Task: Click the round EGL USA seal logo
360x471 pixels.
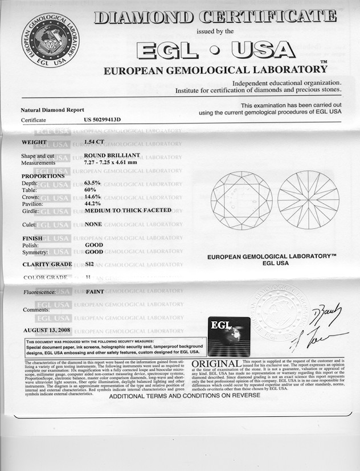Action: click(50, 39)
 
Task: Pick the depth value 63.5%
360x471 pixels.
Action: click(92, 183)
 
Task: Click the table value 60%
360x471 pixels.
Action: click(90, 190)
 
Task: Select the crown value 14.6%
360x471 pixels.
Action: click(92, 196)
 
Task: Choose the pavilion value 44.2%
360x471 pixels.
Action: click(92, 203)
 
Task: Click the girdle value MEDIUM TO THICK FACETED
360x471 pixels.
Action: click(128, 210)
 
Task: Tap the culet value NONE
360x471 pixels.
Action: click(93, 224)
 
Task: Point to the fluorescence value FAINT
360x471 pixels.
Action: click(93, 292)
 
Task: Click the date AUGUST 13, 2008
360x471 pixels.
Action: click(48, 330)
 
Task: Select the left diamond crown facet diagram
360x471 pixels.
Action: click(241, 199)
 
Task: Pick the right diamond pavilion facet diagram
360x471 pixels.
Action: click(308, 199)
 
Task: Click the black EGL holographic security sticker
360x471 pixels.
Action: click(228, 336)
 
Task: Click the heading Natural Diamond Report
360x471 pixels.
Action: click(52, 110)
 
